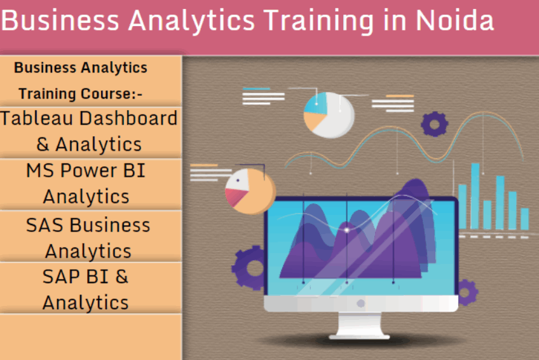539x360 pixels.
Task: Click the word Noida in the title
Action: tap(455, 20)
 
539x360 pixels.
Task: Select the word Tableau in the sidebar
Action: tap(37, 118)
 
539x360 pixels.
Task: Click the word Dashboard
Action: tap(128, 118)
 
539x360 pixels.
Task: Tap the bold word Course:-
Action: tap(111, 93)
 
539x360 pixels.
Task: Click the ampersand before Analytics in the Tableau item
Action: tap(43, 144)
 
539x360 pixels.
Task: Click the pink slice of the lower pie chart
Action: tap(235, 196)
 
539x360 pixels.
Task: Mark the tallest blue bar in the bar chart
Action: tap(475, 196)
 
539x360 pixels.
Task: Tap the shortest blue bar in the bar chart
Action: tap(524, 219)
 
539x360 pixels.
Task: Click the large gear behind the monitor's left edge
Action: tap(249, 268)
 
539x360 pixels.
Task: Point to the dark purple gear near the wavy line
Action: tap(435, 124)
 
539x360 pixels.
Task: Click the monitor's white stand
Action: tap(359, 326)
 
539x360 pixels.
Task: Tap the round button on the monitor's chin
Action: tap(360, 303)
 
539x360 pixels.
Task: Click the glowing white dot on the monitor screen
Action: tap(347, 230)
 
